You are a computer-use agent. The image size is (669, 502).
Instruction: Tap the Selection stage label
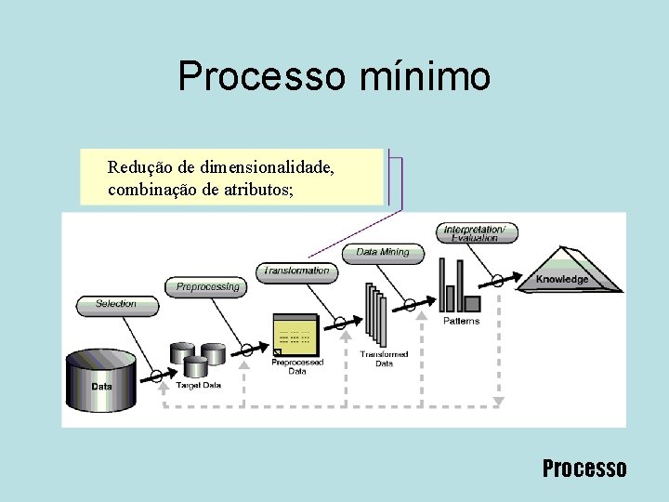tap(115, 304)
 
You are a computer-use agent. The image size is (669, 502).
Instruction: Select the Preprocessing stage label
tap(207, 287)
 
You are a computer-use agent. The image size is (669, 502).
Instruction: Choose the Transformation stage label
tap(296, 271)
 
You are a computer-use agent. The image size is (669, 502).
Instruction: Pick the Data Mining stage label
tap(382, 252)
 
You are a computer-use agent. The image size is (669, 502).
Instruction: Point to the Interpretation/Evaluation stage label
tap(475, 233)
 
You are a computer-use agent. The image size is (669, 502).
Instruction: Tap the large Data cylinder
tap(101, 381)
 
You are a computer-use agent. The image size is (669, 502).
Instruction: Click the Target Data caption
tap(199, 386)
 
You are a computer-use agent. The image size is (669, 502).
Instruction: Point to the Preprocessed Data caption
tap(296, 367)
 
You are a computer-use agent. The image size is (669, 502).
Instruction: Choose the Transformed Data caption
tap(384, 359)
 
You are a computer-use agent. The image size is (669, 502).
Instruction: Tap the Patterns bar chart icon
tap(459, 289)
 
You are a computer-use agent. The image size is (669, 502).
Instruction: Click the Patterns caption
tap(461, 321)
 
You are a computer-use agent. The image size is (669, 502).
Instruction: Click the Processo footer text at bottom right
tap(584, 469)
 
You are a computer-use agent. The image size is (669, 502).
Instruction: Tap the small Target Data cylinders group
tap(198, 358)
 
